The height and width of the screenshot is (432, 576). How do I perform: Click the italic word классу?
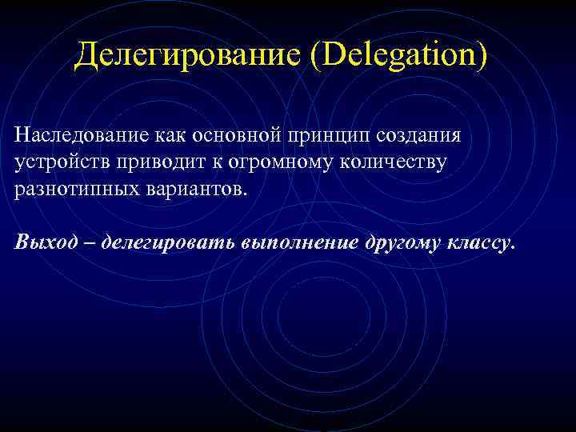pyautogui.click(x=478, y=243)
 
